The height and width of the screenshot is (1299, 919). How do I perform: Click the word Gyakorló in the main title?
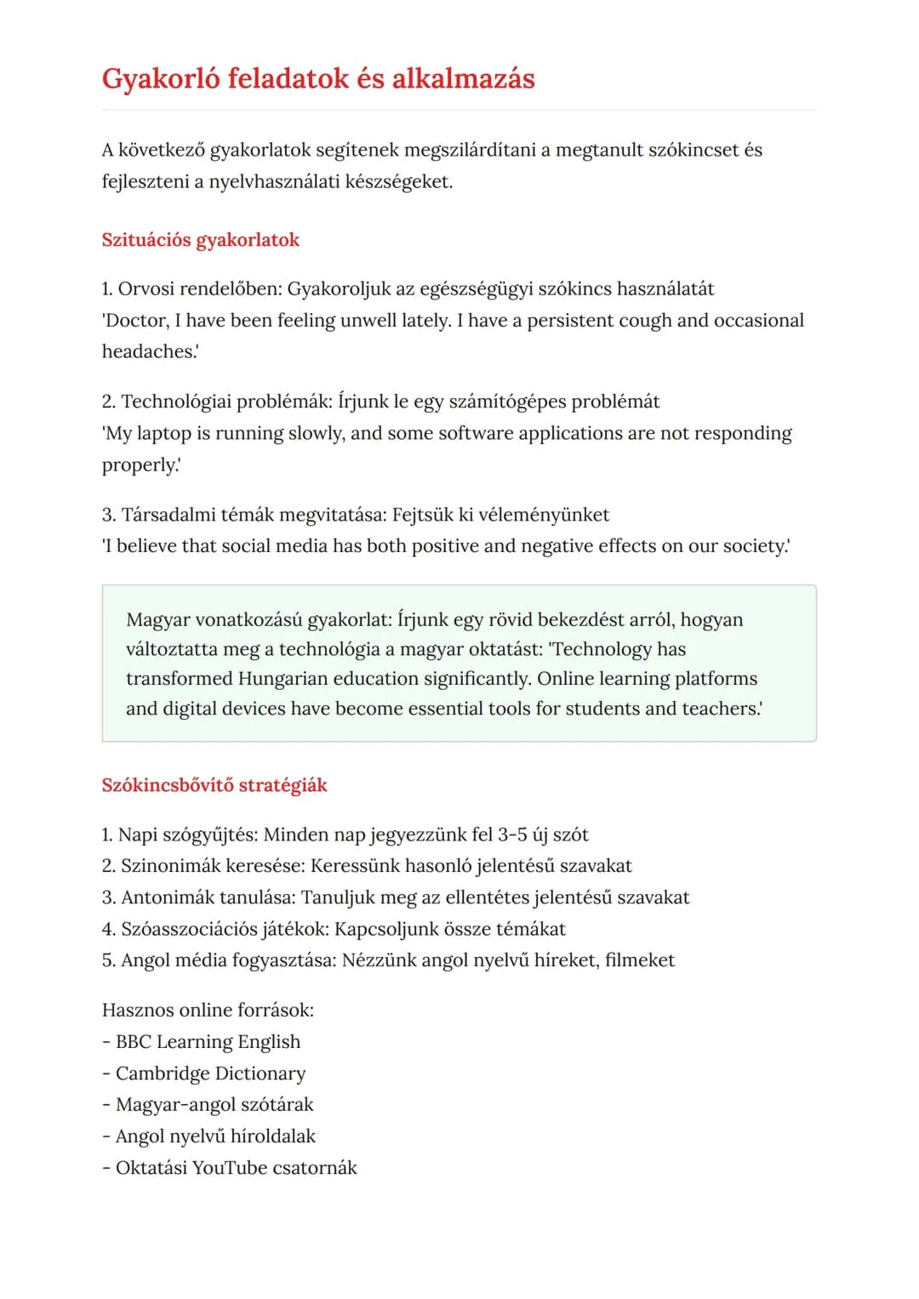(x=162, y=79)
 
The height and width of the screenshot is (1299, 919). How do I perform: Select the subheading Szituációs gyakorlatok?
(x=200, y=240)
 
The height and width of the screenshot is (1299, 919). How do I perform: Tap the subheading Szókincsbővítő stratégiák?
(x=214, y=785)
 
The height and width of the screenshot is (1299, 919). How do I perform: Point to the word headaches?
(x=148, y=352)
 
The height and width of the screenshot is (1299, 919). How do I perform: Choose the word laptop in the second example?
(x=163, y=434)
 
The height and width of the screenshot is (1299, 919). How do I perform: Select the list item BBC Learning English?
(x=208, y=1042)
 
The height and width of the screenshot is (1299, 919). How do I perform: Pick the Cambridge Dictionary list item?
(x=210, y=1074)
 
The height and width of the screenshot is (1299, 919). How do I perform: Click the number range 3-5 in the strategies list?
(x=512, y=835)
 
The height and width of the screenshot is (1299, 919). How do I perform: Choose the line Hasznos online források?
(x=208, y=1011)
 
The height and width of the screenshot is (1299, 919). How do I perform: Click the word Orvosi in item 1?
(x=146, y=289)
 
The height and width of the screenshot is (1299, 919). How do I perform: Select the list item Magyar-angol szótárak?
(x=214, y=1105)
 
